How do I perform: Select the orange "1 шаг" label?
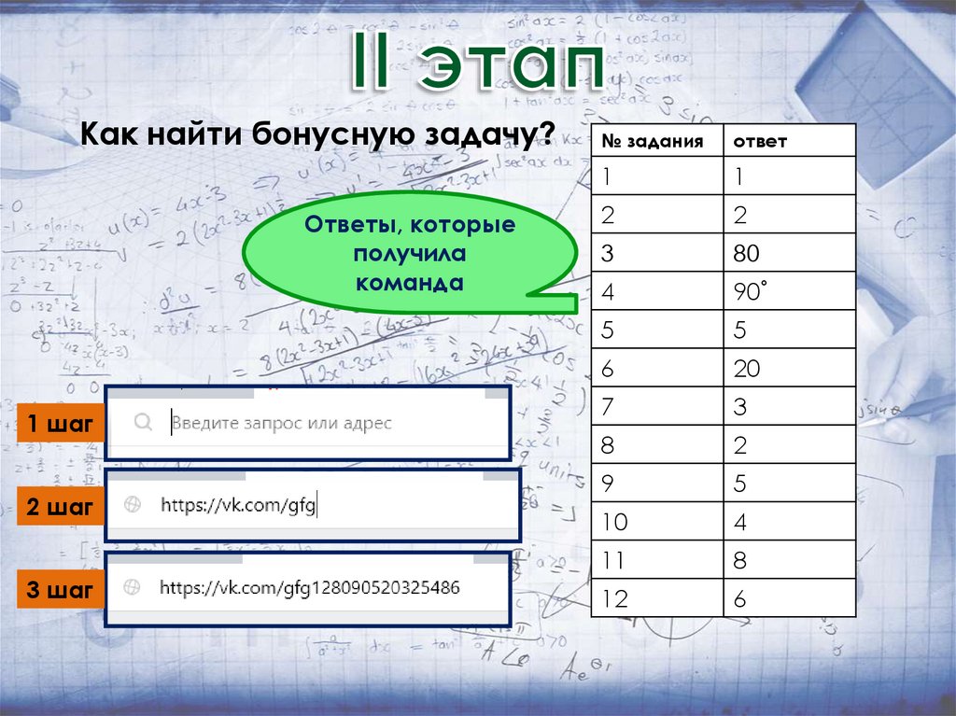60,425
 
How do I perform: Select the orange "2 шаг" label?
60,508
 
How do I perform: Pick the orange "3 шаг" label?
60,590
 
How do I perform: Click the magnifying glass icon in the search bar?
143,423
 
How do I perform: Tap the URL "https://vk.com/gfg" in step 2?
239,505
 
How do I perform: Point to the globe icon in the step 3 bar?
133,588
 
